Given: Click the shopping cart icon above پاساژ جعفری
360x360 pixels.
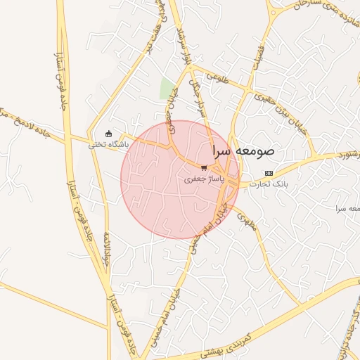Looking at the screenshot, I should (204, 168).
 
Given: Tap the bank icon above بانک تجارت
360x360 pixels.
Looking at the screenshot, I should (268, 173).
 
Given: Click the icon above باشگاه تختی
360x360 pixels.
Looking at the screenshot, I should (108, 134).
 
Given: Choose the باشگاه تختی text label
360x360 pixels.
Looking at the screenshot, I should (105, 146).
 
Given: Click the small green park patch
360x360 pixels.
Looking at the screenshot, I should (167, 90).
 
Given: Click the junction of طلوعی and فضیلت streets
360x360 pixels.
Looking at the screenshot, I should (247, 91).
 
